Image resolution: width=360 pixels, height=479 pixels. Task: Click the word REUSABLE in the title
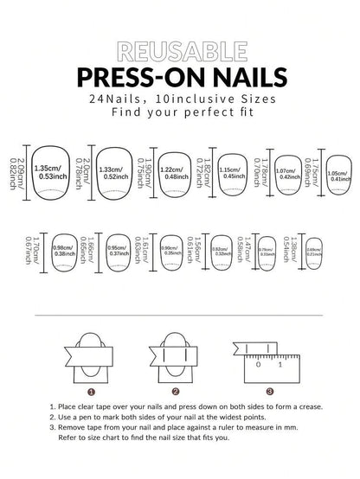179,48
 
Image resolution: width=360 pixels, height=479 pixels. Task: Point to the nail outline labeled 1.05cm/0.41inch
337,173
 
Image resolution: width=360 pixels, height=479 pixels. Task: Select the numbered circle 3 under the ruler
270,391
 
